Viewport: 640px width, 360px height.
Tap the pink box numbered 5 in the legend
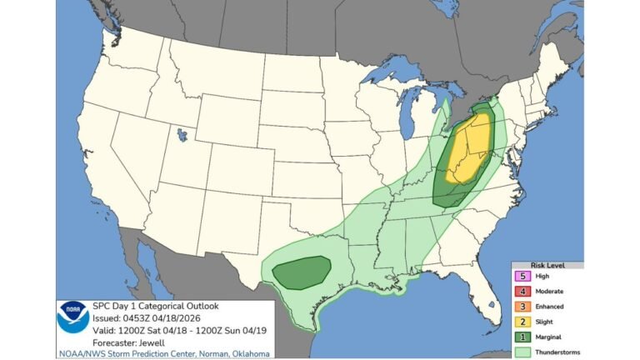(522, 276)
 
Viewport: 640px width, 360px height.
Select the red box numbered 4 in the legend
(522, 291)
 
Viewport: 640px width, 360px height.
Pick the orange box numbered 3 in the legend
(522, 306)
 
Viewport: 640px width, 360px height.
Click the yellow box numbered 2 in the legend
(522, 321)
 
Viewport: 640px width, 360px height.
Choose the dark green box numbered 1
(522, 336)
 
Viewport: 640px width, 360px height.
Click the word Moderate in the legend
(550, 291)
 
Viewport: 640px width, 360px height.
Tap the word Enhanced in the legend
(550, 306)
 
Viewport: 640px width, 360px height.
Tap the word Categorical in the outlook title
(157, 306)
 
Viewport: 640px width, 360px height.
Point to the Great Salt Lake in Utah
(181, 132)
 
